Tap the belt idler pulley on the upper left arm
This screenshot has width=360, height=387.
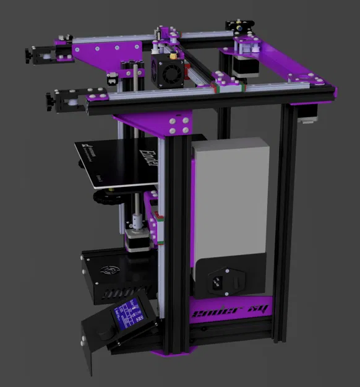(x=43, y=56)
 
